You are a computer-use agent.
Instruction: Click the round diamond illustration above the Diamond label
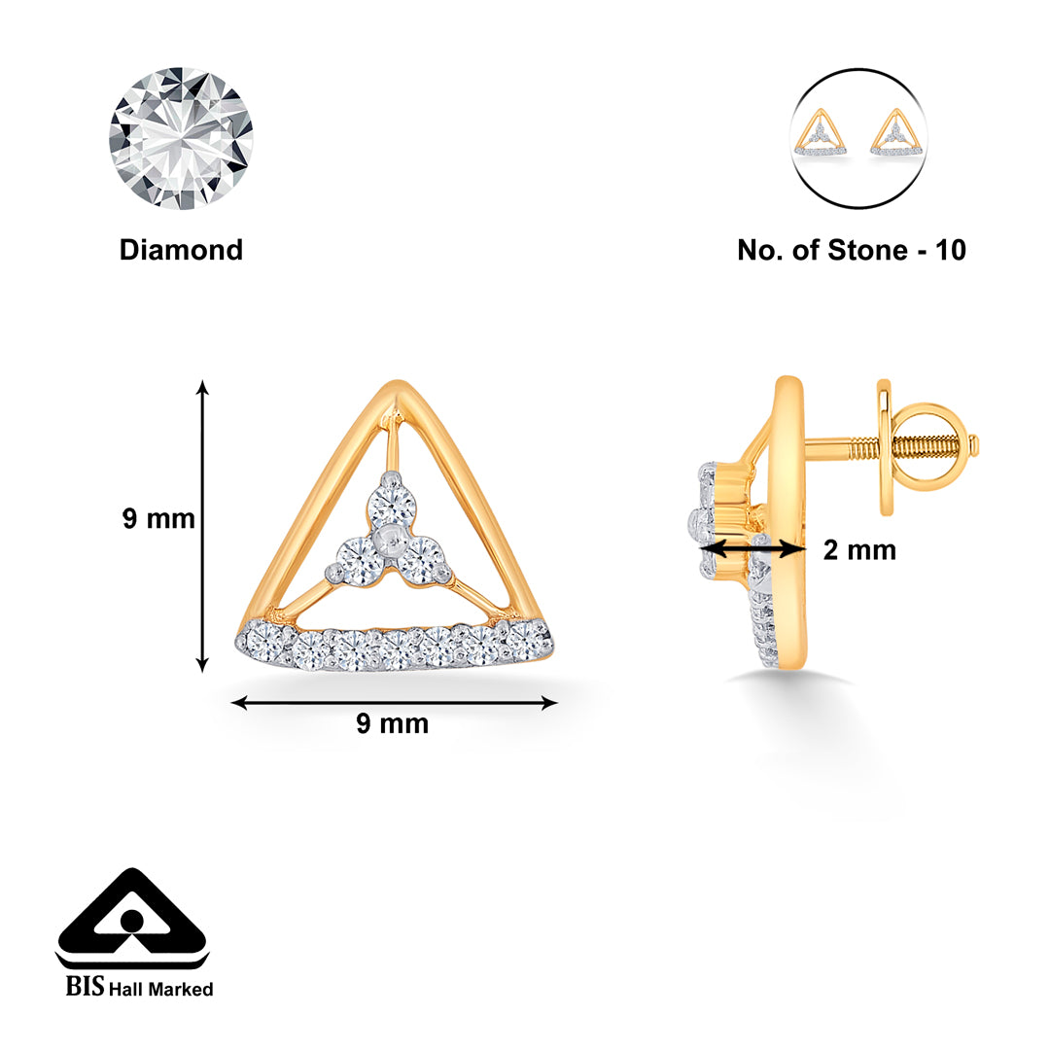[x=181, y=138]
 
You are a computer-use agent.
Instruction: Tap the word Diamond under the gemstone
[x=181, y=250]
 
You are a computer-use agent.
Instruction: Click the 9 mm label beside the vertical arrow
[x=158, y=519]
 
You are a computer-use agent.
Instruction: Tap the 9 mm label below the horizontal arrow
[x=392, y=724]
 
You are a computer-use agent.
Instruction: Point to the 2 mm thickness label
[x=859, y=550]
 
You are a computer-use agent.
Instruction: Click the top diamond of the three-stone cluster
[x=393, y=503]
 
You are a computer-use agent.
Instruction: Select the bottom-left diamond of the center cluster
[x=357, y=562]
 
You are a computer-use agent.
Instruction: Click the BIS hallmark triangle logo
[x=131, y=919]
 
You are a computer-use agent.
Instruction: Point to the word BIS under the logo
[x=84, y=989]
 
